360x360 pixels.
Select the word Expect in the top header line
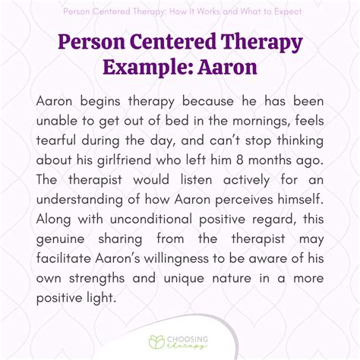[x=278, y=12]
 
